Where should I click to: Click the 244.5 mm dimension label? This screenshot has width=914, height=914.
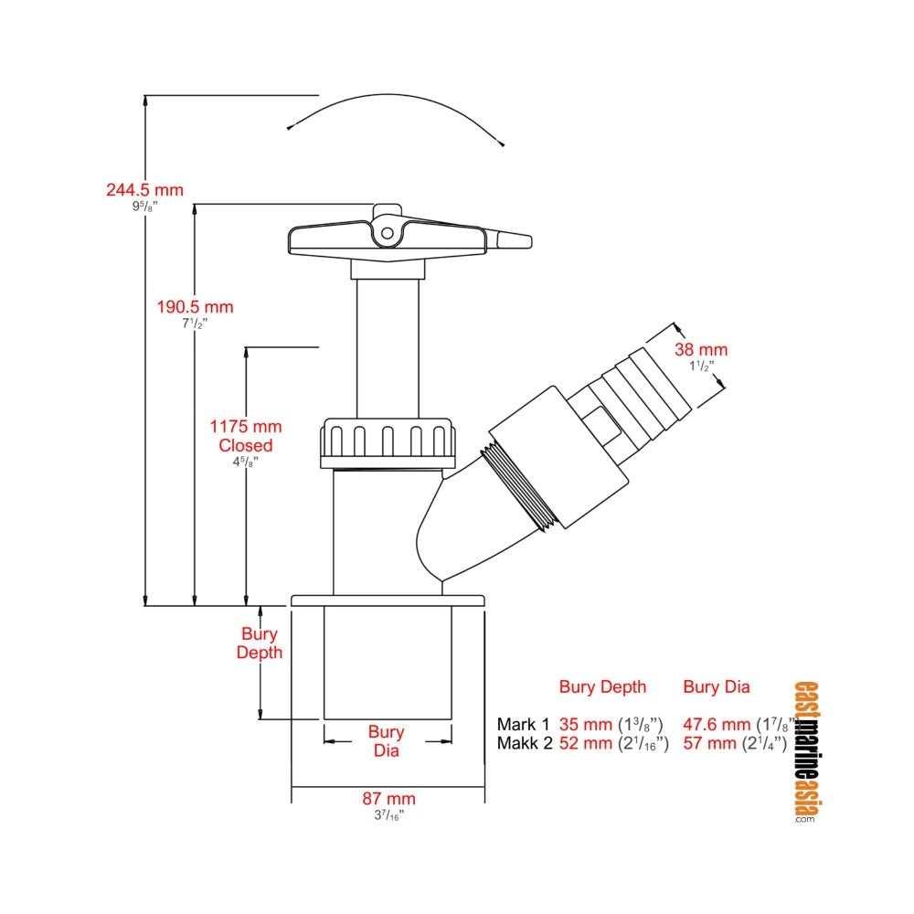[144, 190]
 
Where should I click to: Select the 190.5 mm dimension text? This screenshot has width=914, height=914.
[195, 307]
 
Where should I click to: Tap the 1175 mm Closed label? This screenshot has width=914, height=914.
[245, 435]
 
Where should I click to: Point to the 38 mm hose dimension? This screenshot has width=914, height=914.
[701, 350]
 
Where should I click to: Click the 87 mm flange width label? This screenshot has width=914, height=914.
[388, 799]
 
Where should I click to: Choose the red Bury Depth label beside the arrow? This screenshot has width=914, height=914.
[260, 643]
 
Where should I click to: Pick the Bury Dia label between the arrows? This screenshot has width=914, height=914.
[386, 741]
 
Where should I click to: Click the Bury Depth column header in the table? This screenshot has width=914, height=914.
[602, 687]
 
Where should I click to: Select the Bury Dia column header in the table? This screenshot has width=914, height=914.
[717, 687]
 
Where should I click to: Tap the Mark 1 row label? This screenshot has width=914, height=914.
[523, 725]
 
